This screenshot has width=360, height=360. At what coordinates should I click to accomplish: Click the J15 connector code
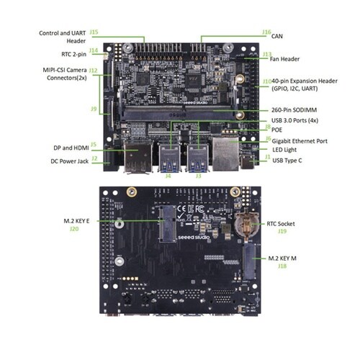coord(94,32)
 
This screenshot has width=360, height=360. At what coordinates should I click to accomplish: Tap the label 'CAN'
coord(276,35)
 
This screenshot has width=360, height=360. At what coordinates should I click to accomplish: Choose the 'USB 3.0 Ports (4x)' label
coord(303,120)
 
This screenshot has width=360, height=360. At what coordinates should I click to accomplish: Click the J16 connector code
coord(267,32)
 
